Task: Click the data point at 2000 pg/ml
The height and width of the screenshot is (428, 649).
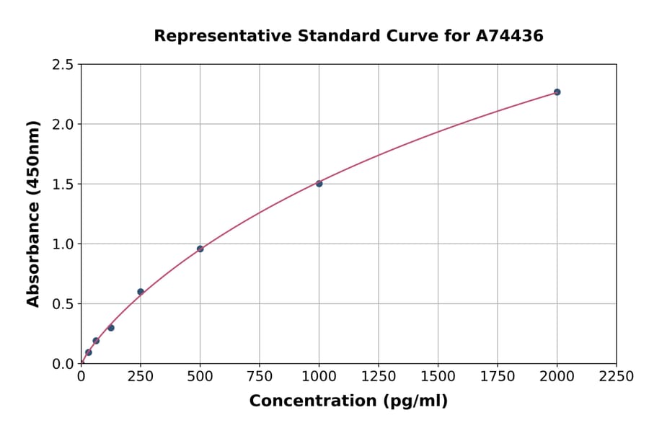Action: pyautogui.click(x=557, y=92)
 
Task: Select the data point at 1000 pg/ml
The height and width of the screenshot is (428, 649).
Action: pyautogui.click(x=319, y=184)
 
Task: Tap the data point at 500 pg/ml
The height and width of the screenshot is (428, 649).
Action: pyautogui.click(x=200, y=249)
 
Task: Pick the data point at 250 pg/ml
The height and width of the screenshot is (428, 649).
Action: pyautogui.click(x=141, y=292)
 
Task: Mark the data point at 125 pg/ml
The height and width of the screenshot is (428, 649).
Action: pyautogui.click(x=111, y=328)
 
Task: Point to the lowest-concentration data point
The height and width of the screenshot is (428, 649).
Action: pyautogui.click(x=89, y=352)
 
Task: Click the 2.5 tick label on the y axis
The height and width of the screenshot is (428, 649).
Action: pyautogui.click(x=63, y=65)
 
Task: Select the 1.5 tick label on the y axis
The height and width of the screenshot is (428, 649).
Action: pyautogui.click(x=63, y=184)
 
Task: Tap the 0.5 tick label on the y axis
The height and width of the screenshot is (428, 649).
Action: pyautogui.click(x=63, y=304)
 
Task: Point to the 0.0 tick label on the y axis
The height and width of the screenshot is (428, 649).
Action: pyautogui.click(x=63, y=364)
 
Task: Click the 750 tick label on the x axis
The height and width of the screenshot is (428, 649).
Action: pyautogui.click(x=260, y=377)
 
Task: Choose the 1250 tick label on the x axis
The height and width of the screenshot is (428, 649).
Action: pyautogui.click(x=379, y=377)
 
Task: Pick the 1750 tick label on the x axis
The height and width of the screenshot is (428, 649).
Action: pyautogui.click(x=498, y=377)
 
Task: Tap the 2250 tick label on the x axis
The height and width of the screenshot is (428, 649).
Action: pyautogui.click(x=617, y=377)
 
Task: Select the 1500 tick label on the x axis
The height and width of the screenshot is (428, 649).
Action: pyautogui.click(x=438, y=377)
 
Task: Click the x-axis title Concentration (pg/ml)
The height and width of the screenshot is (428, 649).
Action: pyautogui.click(x=348, y=401)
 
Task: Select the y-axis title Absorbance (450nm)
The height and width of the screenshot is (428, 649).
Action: pyautogui.click(x=33, y=214)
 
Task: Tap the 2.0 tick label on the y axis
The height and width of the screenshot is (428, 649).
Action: pyautogui.click(x=63, y=125)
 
